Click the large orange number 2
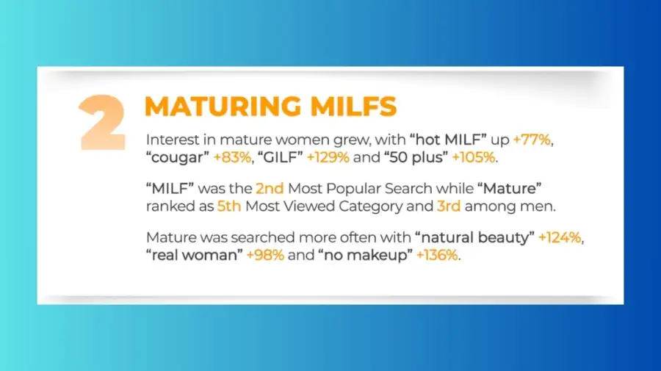102,122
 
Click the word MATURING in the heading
223,107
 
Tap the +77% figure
532,140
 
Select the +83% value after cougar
232,157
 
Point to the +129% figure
328,157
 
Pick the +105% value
474,157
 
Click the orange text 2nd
270,189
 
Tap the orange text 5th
229,206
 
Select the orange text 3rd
449,206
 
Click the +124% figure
560,237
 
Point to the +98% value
265,255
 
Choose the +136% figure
437,255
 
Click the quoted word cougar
178,157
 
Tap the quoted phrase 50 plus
416,157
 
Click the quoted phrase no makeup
366,255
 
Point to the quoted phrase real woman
195,255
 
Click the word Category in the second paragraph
371,207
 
